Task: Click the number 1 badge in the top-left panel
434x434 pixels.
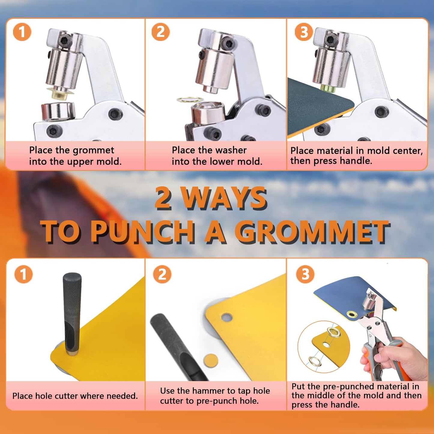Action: click(22, 32)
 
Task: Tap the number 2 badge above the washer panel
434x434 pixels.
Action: click(160, 32)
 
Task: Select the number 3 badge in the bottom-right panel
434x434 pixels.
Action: click(305, 274)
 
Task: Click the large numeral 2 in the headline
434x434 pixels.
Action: click(164, 198)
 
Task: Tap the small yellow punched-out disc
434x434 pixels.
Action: click(210, 360)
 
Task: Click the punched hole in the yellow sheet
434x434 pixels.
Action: click(226, 317)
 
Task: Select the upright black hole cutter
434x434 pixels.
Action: click(72, 312)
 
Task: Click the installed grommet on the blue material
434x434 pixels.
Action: click(351, 314)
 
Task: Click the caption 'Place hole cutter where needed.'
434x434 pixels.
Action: click(75, 396)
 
